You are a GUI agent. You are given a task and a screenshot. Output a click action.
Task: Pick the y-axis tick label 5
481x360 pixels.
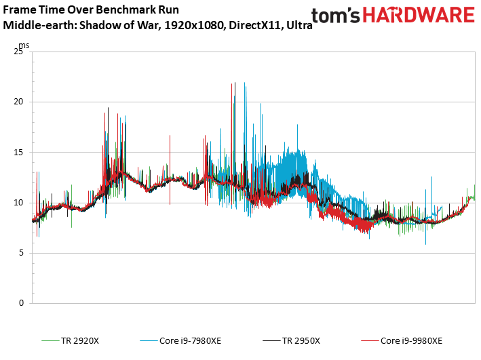click(21, 253)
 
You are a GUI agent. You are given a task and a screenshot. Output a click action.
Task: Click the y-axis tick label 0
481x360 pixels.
click(21, 303)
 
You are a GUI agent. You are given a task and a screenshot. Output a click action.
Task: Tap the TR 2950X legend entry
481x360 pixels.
click(301, 340)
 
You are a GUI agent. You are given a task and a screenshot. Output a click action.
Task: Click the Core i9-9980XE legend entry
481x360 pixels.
click(411, 340)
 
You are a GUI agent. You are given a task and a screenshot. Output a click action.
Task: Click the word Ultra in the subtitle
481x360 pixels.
click(297, 26)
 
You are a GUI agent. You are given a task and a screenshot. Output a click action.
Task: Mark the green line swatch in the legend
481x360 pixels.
click(50, 340)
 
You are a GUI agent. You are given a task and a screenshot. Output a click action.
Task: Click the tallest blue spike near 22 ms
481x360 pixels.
click(244, 84)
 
